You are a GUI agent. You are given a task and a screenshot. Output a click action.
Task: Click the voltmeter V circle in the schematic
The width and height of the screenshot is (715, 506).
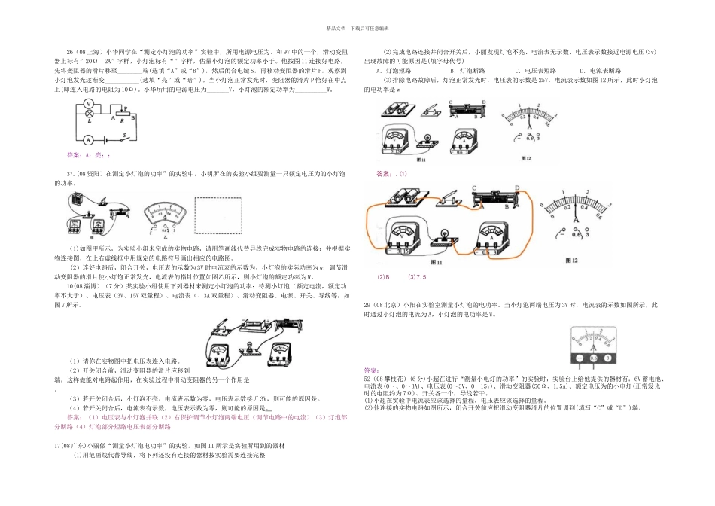point(88,105)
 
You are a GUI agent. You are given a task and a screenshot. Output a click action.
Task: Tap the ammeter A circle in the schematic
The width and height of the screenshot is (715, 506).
point(87,140)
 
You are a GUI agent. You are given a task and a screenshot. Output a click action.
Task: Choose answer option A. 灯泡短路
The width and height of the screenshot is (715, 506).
point(391,70)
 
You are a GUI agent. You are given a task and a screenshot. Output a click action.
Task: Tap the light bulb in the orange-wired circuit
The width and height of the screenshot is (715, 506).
point(443,234)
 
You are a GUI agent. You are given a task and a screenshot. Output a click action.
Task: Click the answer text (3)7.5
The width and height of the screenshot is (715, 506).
point(416,276)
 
